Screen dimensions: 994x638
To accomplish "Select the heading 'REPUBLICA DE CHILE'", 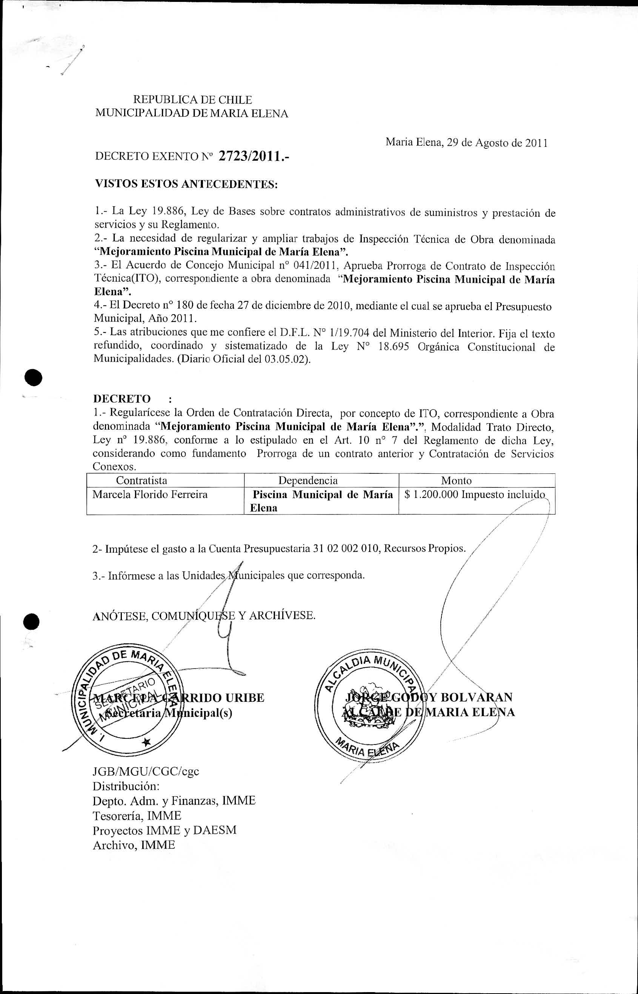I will pos(192,100).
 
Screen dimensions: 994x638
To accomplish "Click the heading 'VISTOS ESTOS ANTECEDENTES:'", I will pos(186,184).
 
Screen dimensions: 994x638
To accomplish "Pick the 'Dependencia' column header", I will pos(308,481).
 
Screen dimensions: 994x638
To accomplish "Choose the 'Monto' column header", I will pos(456,481).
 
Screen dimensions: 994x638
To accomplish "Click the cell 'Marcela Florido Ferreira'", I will pos(150,495).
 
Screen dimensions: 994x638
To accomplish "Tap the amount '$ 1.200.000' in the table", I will pos(431,495).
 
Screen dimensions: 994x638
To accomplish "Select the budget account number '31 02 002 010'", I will pos(347,549).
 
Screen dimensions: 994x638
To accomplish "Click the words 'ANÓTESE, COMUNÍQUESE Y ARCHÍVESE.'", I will pos(204,616).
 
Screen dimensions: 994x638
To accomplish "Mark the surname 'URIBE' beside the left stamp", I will pos(245,698).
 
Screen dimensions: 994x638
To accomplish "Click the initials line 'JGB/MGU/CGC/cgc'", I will pos(146,771).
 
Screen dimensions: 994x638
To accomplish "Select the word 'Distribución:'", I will pos(126,786).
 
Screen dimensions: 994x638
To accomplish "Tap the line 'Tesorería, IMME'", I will pos(137,816).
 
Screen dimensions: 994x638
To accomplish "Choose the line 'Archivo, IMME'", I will pos(134,845).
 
